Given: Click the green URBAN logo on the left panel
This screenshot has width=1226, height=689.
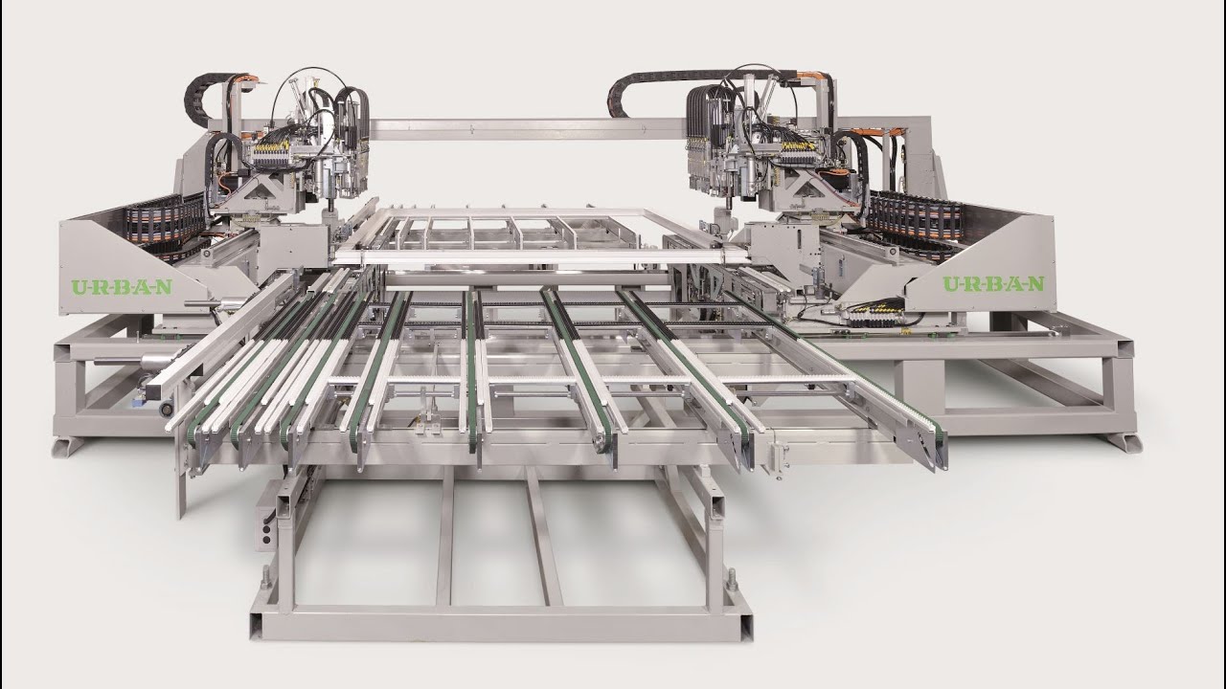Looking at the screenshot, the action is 122,287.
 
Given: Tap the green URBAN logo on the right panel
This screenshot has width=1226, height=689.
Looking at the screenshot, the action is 993,283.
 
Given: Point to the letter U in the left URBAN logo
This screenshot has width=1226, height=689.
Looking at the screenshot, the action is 79,288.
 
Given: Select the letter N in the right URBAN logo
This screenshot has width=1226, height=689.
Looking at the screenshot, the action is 1035,284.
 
